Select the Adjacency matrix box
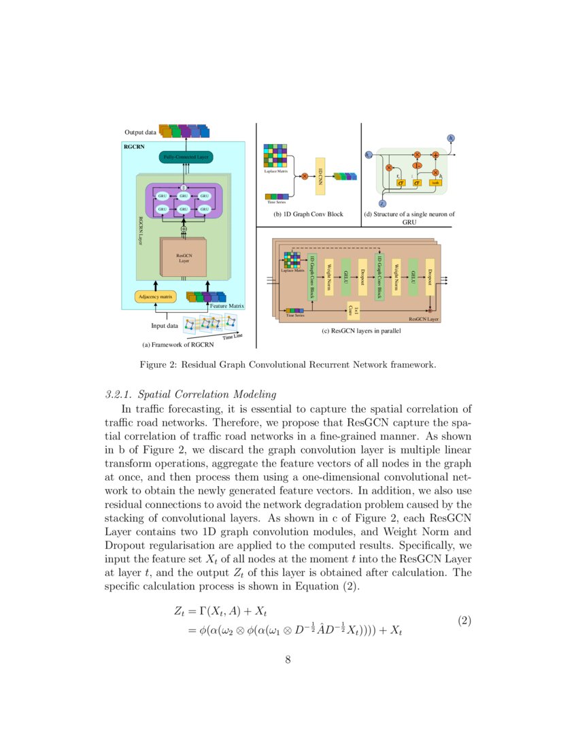point(156,296)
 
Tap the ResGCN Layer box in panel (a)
point(184,258)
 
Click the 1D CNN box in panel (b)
point(321,175)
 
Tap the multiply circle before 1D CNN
point(304,177)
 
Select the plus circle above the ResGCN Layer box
point(184,229)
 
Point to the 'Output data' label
point(140,131)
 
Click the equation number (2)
point(464,621)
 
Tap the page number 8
point(288,659)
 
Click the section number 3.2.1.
point(120,394)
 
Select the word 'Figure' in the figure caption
point(154,365)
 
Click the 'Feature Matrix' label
point(226,307)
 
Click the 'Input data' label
point(164,325)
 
